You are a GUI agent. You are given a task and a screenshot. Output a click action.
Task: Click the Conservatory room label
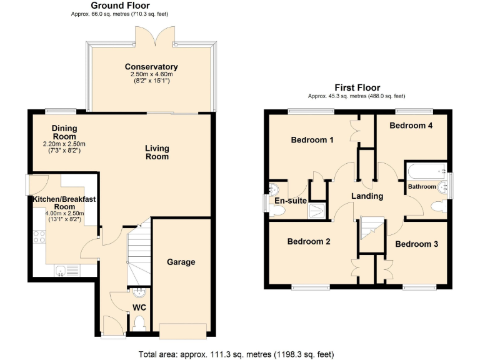(151, 67)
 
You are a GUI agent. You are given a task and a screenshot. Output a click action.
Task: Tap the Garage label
(181, 262)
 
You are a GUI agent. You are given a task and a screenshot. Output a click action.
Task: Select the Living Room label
(157, 152)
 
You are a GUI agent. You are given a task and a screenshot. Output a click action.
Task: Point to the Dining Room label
(64, 132)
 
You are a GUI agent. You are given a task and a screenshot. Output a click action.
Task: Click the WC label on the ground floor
(138, 307)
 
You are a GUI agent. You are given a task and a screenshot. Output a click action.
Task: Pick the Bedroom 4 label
(411, 126)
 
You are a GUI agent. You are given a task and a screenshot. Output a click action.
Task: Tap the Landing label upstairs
(367, 196)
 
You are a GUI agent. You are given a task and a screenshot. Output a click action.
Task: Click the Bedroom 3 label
(416, 244)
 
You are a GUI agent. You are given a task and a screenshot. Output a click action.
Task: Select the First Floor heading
(357, 87)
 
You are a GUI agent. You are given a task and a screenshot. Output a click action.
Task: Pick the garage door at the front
(182, 331)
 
